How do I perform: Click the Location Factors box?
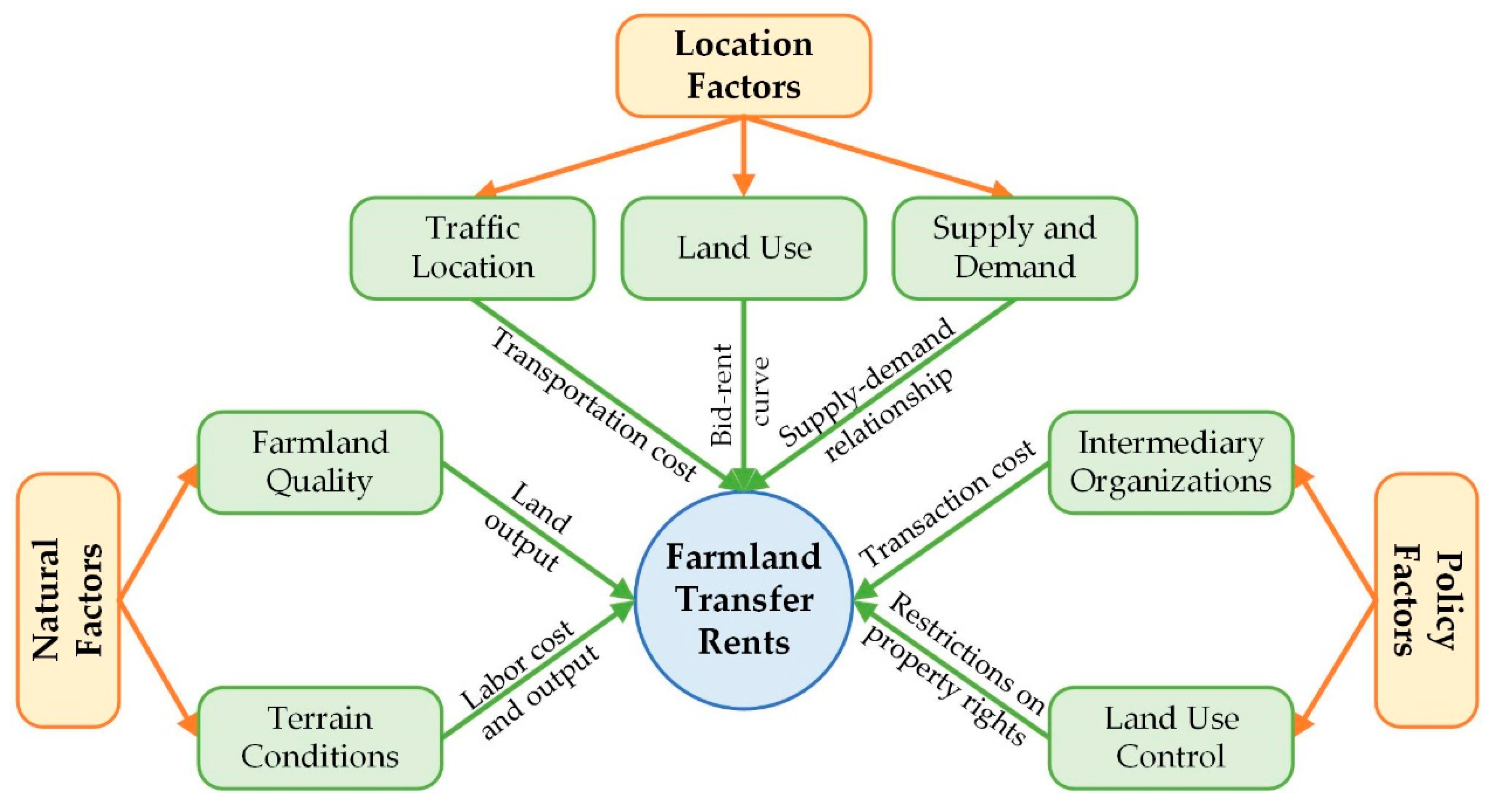click(743, 66)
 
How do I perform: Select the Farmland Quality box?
click(320, 462)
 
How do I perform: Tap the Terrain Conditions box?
click(320, 738)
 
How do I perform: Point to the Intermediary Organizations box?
click(1171, 462)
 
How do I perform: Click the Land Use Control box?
click(1171, 738)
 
